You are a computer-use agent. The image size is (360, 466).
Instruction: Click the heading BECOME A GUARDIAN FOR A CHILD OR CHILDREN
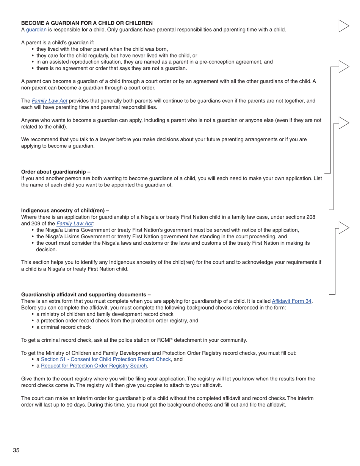coord(87,23)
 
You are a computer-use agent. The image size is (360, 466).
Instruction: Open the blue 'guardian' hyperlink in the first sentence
coord(36,30)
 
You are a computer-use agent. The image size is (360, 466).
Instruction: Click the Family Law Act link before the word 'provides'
coord(50,101)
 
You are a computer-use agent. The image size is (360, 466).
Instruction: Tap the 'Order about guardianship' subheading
coord(56,172)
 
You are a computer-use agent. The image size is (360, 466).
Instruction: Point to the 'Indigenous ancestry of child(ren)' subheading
coord(65,211)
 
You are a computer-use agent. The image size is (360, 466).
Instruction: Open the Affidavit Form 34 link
coord(291,301)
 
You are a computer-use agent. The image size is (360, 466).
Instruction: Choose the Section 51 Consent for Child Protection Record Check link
coord(106,359)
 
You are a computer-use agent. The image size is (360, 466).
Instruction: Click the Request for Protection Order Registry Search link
coord(94,366)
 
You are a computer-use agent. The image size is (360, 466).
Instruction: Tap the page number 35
coord(16,450)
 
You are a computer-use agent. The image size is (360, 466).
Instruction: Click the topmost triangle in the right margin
coord(343,26)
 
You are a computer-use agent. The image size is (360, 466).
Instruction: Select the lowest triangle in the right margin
coord(343,228)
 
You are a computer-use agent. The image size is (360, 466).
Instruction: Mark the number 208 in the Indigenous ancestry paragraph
coord(310,217)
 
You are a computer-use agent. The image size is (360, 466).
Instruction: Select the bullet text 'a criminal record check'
coord(63,327)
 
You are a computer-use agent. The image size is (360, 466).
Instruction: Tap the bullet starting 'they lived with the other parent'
coord(102,49)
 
